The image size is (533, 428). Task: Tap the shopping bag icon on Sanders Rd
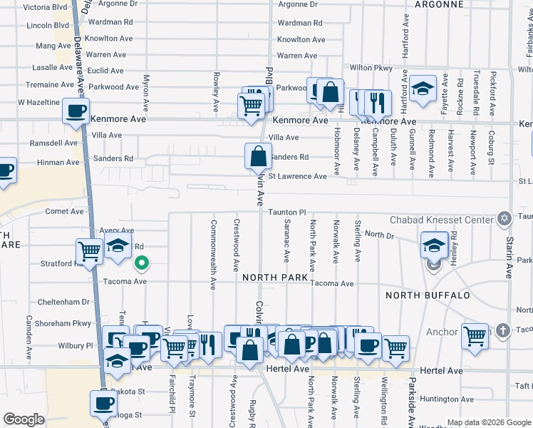coord(258,156)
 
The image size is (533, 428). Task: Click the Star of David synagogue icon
coord(504,218)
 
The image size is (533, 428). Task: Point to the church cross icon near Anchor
coord(503,330)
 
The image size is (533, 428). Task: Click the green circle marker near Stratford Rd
coord(142,264)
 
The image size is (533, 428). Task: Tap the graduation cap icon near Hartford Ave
coord(423,88)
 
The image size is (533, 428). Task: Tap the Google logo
coord(24,419)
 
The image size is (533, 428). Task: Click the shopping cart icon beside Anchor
coord(475,335)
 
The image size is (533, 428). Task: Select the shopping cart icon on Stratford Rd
coord(89,251)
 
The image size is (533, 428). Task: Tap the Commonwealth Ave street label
coord(213,254)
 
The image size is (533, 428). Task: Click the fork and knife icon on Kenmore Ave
coord(378,103)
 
